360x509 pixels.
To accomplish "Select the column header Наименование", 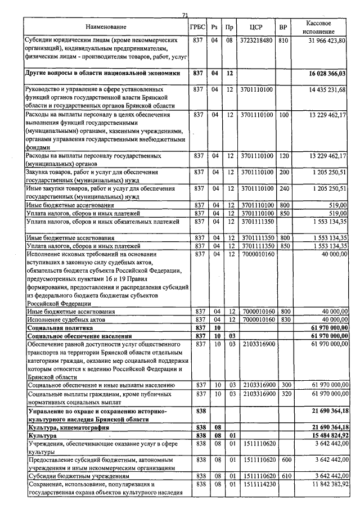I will pos(106,27).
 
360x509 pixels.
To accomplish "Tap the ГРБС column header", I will pos(197,27).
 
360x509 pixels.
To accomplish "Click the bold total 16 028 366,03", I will pos(327,73).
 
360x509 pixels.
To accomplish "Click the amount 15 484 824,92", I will pos(327,436).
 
